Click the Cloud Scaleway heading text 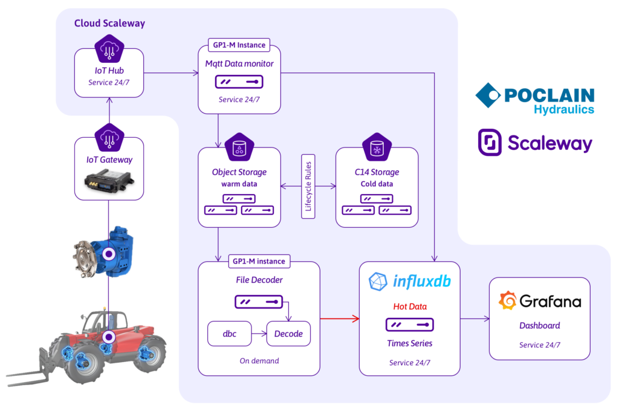point(109,24)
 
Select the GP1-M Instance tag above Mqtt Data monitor point(238,45)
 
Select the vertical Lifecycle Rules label point(308,186)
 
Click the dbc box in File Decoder point(229,334)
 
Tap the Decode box point(288,334)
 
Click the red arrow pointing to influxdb point(339,317)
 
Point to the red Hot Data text point(410,306)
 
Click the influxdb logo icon point(378,282)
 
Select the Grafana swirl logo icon point(507,301)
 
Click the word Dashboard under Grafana point(539,325)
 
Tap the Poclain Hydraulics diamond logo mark point(488,95)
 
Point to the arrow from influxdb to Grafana point(475,318)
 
